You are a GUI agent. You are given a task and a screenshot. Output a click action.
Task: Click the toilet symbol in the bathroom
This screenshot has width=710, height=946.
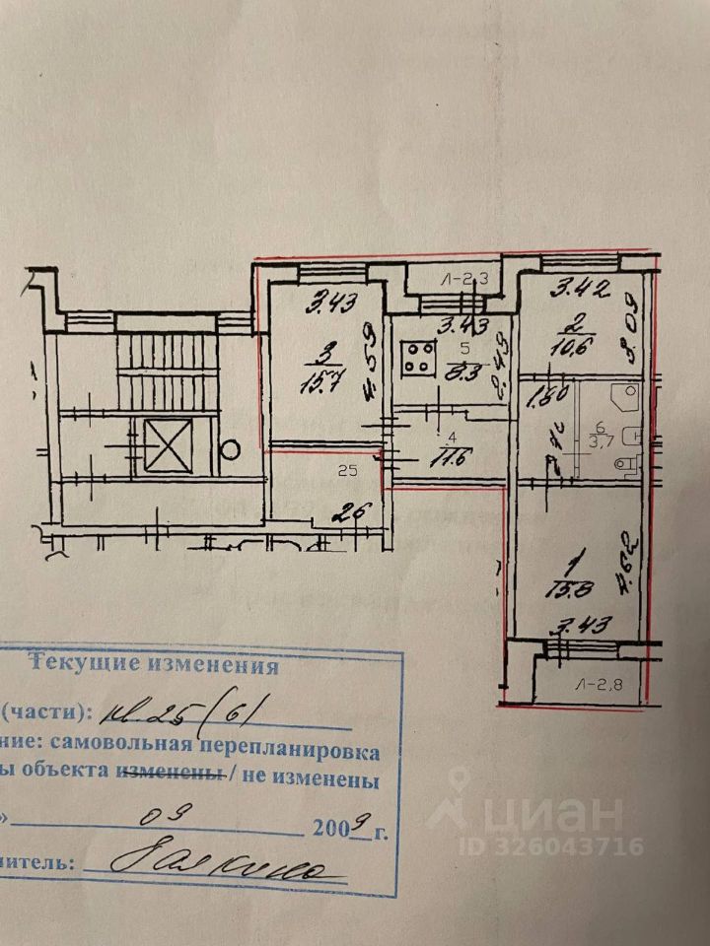pos(625,463)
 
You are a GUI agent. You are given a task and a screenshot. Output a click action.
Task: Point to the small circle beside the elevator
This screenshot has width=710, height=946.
pos(229,450)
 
